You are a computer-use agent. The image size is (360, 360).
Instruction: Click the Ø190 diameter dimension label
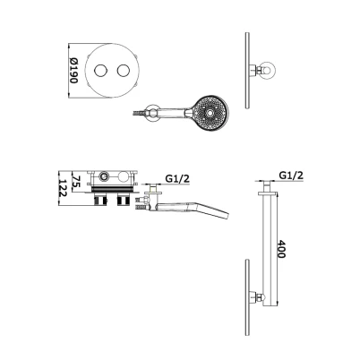click(73, 71)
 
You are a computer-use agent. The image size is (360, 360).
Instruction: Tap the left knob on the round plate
click(99, 71)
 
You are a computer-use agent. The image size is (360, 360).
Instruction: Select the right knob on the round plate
click(124, 71)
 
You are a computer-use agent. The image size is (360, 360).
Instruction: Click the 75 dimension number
click(76, 182)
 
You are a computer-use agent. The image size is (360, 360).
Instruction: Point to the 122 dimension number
click(63, 188)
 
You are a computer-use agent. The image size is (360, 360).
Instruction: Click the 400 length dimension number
click(281, 249)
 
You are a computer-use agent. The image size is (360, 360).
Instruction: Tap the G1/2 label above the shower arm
click(291, 175)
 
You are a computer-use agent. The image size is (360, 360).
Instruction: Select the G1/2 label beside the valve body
click(177, 178)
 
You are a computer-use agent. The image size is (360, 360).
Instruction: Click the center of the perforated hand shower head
click(210, 113)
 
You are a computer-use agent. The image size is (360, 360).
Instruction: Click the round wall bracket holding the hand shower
click(152, 113)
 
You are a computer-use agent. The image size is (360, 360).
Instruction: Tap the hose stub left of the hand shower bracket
click(139, 113)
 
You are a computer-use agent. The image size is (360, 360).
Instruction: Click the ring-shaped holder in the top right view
click(269, 71)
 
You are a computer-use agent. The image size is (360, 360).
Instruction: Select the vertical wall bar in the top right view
click(247, 71)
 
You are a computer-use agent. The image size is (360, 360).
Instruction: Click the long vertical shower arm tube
click(270, 250)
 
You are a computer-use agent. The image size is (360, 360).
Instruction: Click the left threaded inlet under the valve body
click(100, 199)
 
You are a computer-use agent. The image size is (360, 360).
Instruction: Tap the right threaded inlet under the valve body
click(124, 199)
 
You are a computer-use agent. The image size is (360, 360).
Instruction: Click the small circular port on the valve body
click(104, 176)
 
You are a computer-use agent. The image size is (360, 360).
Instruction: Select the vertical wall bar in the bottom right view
click(247, 297)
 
